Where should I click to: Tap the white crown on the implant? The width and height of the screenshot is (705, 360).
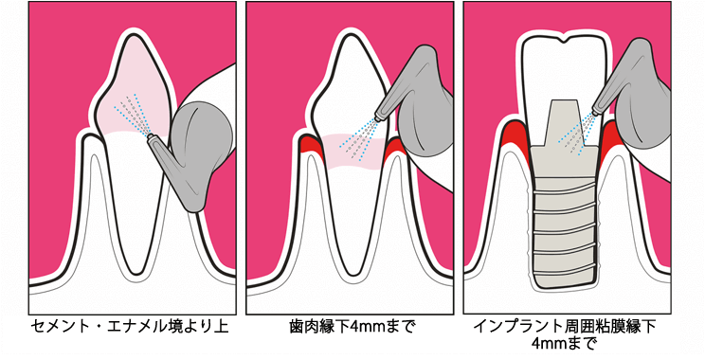click(x=565, y=57)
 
